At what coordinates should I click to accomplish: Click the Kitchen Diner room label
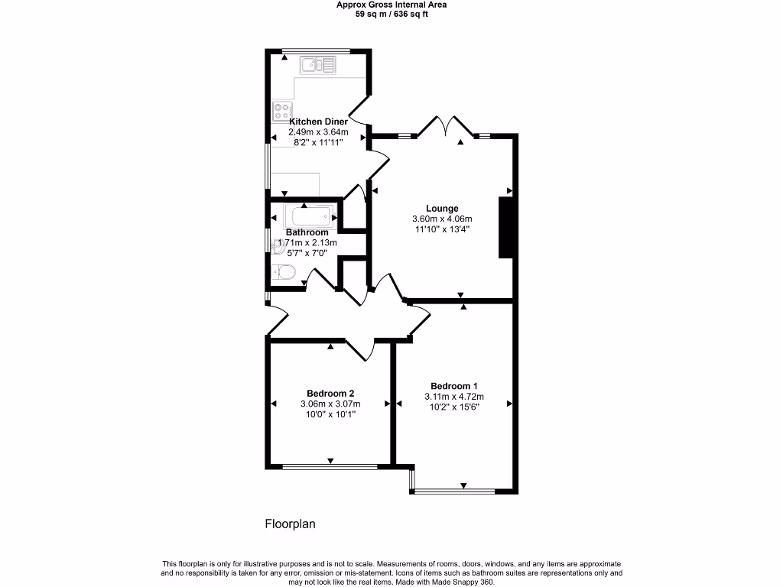[318, 122]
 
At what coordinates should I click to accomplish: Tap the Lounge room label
[442, 209]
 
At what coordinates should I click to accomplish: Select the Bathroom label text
[307, 232]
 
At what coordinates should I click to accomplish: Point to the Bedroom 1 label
[454, 386]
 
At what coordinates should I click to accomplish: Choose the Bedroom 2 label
[330, 394]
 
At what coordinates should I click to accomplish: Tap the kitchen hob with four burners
[281, 112]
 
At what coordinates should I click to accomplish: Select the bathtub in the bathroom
[310, 215]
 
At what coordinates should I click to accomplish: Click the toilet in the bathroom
[282, 272]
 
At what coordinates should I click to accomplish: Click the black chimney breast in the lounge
[505, 228]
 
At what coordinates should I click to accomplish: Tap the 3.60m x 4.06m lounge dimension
[442, 219]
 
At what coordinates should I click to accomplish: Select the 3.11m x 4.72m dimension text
[454, 397]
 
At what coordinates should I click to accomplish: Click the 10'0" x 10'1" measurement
[330, 414]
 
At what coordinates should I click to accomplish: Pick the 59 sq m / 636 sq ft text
[391, 14]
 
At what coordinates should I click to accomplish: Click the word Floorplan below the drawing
[290, 524]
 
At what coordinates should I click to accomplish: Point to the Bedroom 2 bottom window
[330, 466]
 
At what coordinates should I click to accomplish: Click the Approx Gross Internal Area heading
[391, 5]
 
